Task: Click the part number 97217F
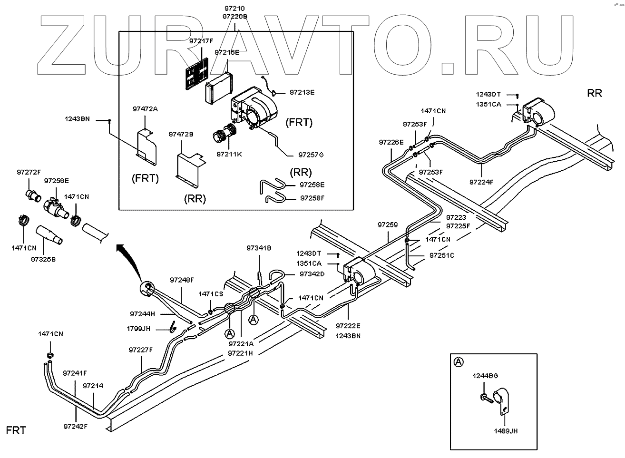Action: (201, 41)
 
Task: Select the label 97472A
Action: (145, 109)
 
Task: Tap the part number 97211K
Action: (229, 154)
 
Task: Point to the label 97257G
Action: (311, 155)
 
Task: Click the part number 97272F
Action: (29, 172)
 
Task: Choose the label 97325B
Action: (43, 259)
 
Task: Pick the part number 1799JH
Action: (138, 329)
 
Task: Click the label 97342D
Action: (312, 274)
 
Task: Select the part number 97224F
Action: (481, 182)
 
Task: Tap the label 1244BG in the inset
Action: (485, 376)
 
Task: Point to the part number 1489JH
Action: (506, 431)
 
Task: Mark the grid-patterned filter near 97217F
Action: (197, 73)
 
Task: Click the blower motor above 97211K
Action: (225, 133)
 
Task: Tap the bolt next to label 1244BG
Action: (486, 397)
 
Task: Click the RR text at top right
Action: (594, 93)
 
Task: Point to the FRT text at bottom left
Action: (16, 430)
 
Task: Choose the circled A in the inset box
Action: (459, 362)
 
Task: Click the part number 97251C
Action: (442, 255)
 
